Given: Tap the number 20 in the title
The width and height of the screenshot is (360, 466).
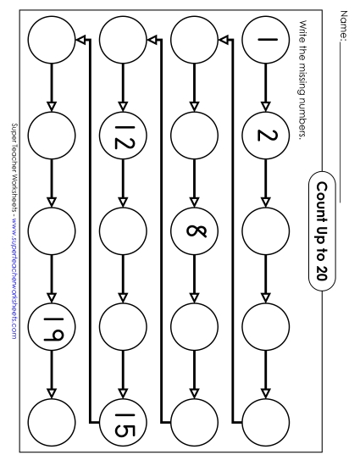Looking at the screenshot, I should pyautogui.click(x=322, y=273).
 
